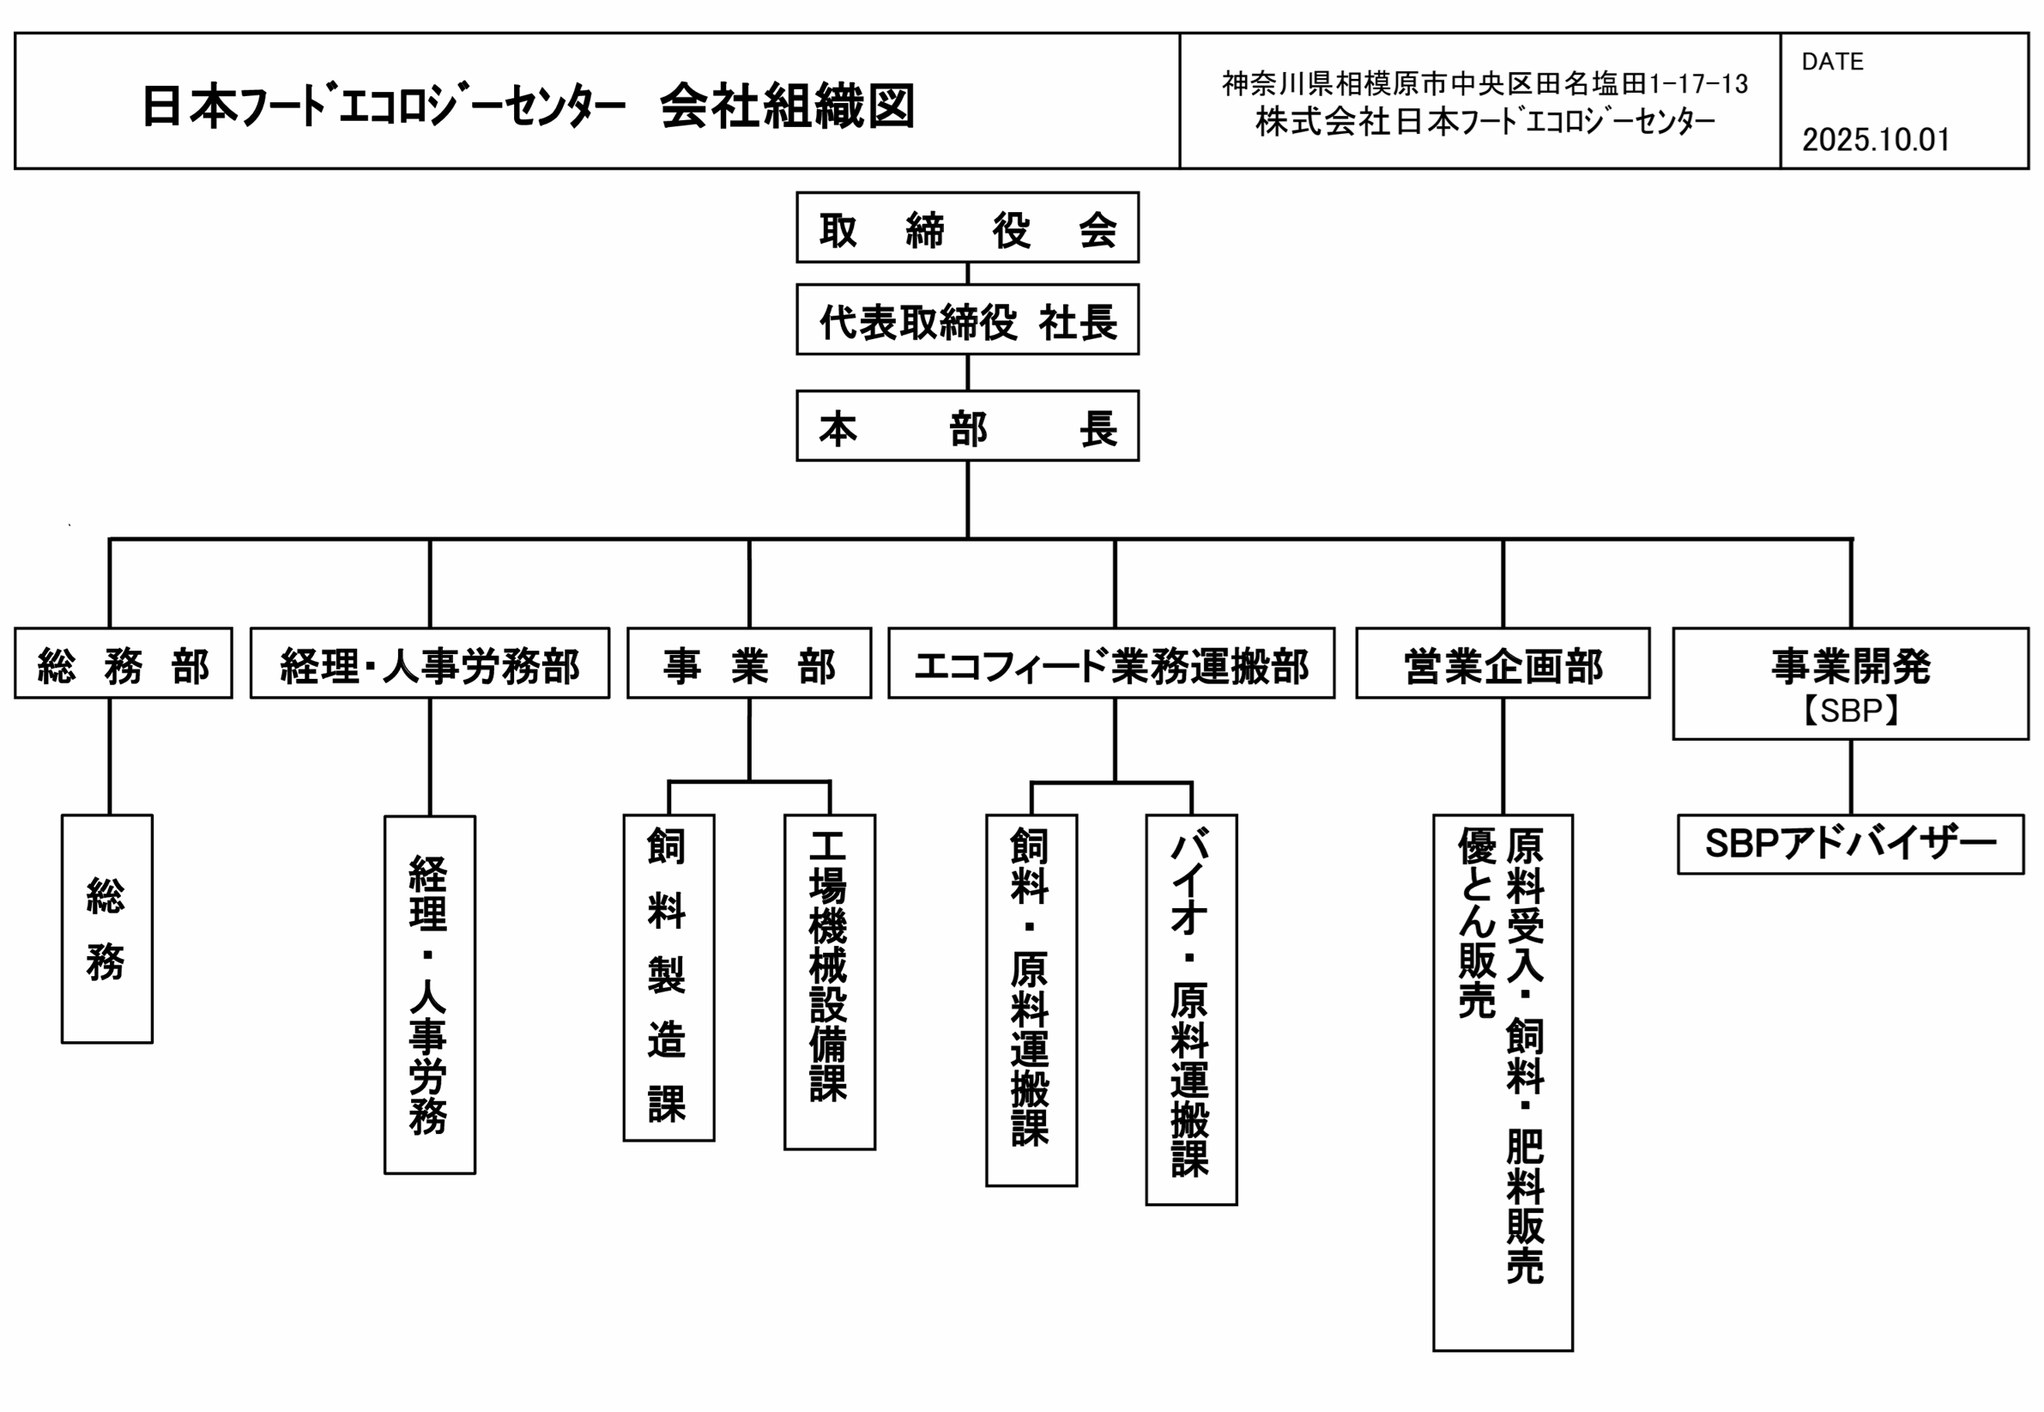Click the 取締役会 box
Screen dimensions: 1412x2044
pyautogui.click(x=967, y=227)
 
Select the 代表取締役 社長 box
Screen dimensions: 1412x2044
pyautogui.click(x=967, y=319)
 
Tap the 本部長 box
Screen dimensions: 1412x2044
pyautogui.click(x=967, y=426)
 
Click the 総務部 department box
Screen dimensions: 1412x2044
pyautogui.click(x=123, y=664)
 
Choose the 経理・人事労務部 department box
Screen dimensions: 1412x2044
pyautogui.click(x=429, y=664)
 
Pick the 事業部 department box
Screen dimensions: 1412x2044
pyautogui.click(x=748, y=664)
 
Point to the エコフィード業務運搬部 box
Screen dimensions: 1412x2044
pyautogui.click(x=1111, y=664)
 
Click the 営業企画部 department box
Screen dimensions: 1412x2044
pyautogui.click(x=1502, y=664)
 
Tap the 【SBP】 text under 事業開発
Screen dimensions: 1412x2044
pyautogui.click(x=1850, y=711)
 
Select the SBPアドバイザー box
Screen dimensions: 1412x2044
pyautogui.click(x=1850, y=844)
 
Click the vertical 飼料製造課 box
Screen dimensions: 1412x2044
pyautogui.click(x=668, y=977)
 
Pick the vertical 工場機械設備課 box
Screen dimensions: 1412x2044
pyautogui.click(x=829, y=981)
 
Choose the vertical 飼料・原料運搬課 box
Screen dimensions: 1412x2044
pyautogui.click(x=1031, y=1000)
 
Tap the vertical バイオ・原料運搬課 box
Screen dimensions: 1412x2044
pyautogui.click(x=1190, y=1009)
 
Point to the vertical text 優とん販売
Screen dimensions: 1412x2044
pyautogui.click(x=1476, y=922)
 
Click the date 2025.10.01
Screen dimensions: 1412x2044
pyautogui.click(x=1875, y=140)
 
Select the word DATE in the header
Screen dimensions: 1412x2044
pyautogui.click(x=1832, y=62)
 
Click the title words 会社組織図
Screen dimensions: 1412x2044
pyautogui.click(x=786, y=106)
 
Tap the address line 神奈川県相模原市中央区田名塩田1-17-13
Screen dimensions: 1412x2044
pyautogui.click(x=1485, y=84)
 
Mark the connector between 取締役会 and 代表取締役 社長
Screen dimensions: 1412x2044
pyautogui.click(x=967, y=273)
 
